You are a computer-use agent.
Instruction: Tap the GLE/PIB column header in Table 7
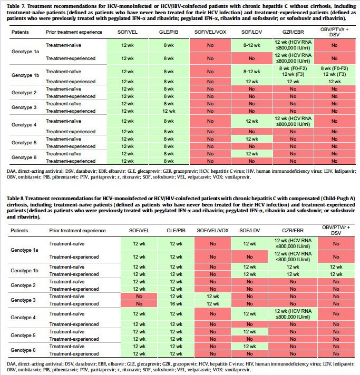(168, 33)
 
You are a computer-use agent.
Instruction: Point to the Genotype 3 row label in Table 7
(24, 107)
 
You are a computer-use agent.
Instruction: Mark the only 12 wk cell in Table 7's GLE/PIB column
(168, 111)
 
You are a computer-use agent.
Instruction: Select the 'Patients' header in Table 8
(20, 230)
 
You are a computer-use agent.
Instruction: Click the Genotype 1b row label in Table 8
(25, 270)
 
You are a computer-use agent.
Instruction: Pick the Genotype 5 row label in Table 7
(24, 142)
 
